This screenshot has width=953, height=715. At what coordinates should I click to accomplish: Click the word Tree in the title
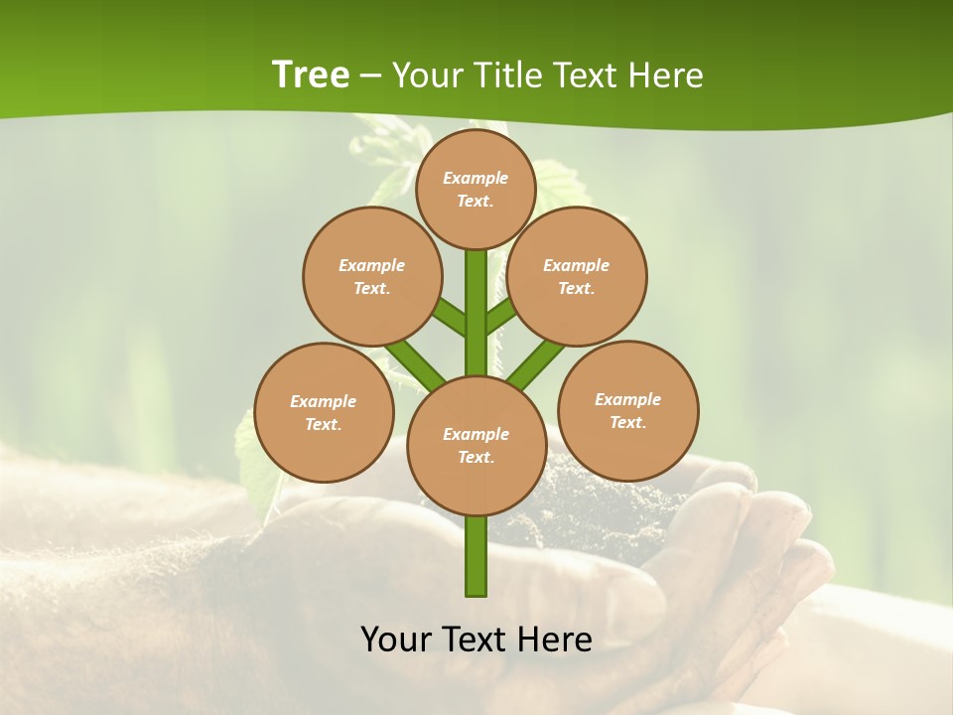click(311, 74)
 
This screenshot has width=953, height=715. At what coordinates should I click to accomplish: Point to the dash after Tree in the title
click(370, 76)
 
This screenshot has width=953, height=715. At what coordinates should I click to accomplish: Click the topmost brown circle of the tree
click(476, 189)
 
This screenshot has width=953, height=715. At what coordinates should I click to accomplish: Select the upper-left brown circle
click(371, 276)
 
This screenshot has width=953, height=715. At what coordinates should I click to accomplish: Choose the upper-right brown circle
click(576, 276)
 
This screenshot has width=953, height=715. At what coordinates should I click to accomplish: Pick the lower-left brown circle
click(324, 412)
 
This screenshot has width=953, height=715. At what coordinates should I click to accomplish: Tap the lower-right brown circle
click(627, 410)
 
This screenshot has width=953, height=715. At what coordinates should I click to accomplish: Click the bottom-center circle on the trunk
click(476, 445)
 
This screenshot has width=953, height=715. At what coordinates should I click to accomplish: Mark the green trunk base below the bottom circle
click(476, 556)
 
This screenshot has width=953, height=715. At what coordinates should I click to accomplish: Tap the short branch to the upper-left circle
click(449, 318)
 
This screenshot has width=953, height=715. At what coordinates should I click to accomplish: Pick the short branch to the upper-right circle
click(502, 316)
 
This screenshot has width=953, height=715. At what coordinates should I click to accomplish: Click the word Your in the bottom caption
click(397, 640)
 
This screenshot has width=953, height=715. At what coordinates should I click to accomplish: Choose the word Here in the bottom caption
click(555, 640)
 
